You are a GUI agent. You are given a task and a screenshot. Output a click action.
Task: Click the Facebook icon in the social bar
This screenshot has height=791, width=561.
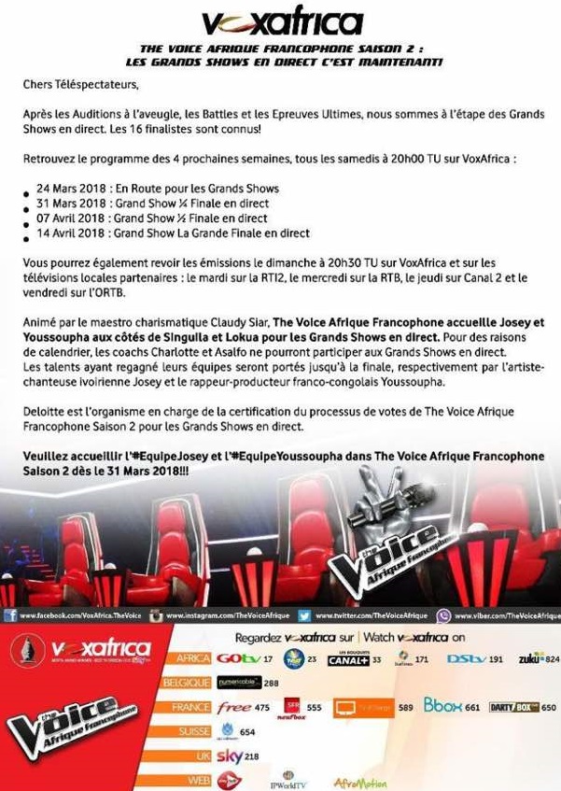click(x=9, y=616)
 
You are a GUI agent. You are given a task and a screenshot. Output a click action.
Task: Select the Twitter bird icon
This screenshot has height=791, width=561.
click(x=304, y=616)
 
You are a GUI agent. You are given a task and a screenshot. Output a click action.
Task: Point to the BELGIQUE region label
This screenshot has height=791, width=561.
click(x=187, y=683)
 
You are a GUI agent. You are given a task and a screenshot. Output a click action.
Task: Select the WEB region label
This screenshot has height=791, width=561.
click(x=197, y=779)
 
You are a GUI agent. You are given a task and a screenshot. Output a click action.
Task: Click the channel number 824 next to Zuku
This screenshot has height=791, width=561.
click(x=552, y=659)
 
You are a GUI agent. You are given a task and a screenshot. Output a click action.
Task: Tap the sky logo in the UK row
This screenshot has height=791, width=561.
click(x=229, y=755)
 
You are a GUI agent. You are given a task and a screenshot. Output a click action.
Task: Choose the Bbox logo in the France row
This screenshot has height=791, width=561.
click(x=443, y=706)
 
